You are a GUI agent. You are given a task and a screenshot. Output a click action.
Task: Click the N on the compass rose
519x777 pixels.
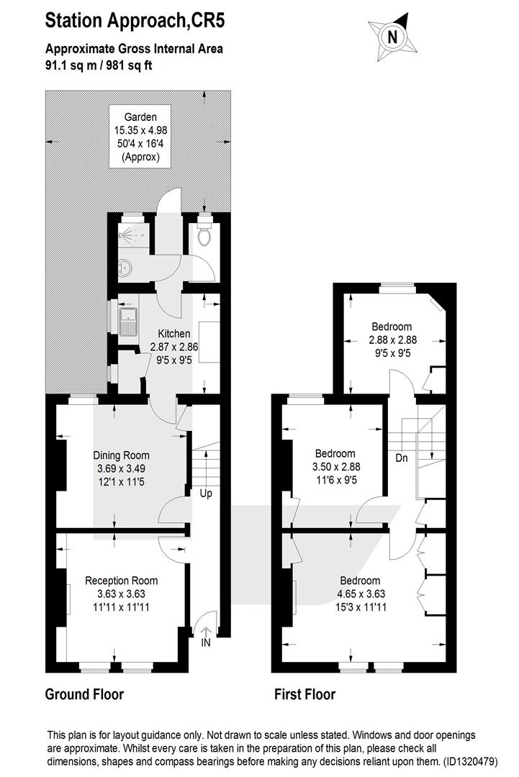[392, 37]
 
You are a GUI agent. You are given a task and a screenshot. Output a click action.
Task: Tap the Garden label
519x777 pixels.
[140, 117]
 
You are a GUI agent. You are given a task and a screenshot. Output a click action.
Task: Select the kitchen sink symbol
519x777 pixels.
[128, 321]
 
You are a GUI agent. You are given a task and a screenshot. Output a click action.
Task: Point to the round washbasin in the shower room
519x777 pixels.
[125, 268]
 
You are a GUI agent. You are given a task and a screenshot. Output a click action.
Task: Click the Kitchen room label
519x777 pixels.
[174, 334]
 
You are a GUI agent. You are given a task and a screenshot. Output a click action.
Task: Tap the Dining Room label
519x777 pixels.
[122, 455]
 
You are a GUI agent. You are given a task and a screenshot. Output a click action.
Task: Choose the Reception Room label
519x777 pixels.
[122, 581]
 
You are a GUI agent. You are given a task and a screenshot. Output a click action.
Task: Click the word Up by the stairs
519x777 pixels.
[206, 494]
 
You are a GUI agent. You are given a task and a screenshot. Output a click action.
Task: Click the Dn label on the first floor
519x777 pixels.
[402, 458]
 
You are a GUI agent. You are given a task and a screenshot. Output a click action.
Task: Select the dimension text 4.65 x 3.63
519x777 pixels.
[361, 594]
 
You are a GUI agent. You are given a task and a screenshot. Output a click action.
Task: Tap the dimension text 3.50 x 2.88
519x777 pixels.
[336, 467]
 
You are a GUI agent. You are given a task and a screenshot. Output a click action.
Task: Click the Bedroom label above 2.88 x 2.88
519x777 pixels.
[392, 327]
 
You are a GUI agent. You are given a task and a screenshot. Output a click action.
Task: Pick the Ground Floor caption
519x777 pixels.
[84, 694]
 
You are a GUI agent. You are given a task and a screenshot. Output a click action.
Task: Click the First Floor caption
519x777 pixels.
[305, 694]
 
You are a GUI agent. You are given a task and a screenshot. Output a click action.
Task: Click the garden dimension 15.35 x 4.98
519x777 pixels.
[141, 131]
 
